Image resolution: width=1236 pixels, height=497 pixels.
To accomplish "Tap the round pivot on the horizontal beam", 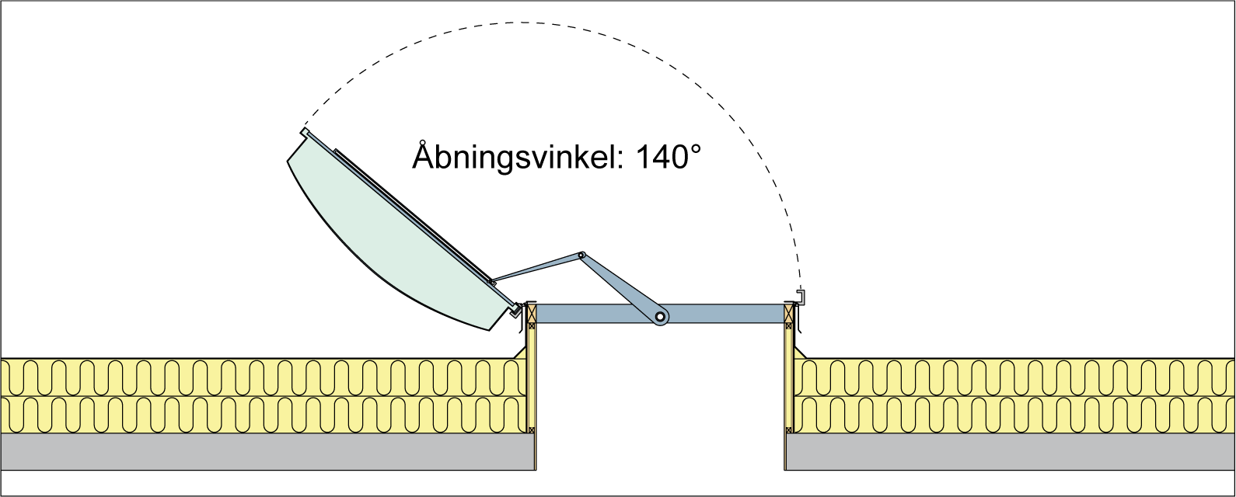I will pos(660,316).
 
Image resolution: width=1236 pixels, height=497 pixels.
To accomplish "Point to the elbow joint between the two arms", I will pos(581,255).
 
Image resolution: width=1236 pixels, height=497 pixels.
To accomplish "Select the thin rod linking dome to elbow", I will pos(536,268).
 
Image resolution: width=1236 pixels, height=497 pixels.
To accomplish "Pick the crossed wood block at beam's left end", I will pos(532,313).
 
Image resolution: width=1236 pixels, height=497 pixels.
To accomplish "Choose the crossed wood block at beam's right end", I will pos(788,313).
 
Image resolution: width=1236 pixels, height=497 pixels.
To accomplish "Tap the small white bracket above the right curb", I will pos(800,297).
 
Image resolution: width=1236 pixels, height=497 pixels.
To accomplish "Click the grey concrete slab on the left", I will pos(264,451).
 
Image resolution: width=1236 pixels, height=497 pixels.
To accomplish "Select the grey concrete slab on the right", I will pos(1011,451).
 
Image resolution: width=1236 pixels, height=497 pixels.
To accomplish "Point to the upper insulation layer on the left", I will pos(264,377).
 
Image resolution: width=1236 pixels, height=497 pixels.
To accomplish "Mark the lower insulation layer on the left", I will pos(264,415).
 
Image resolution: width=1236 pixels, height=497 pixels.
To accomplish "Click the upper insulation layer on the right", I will pos(1011,377).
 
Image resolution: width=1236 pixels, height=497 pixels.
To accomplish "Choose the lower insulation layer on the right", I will pos(1011,415).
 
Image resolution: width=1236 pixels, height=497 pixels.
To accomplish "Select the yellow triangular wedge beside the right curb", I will pos(798,354).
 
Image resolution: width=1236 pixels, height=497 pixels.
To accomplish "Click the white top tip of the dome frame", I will pos(306,132).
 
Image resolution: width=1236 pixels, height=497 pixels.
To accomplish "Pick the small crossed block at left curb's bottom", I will pos(532,429).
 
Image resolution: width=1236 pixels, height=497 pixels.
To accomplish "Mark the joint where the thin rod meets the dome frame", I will pos(491,283).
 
